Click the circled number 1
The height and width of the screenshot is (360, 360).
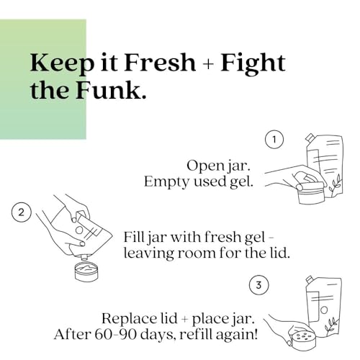(x=274, y=139)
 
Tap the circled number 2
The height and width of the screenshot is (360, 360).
(x=22, y=212)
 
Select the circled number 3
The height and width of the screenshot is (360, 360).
(x=258, y=285)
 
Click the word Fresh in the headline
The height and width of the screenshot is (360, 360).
(x=160, y=63)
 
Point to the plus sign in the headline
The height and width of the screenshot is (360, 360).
(x=210, y=64)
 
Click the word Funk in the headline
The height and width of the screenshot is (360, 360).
(x=111, y=91)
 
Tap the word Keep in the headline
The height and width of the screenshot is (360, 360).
(x=62, y=64)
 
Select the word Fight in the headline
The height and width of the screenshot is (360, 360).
(x=253, y=64)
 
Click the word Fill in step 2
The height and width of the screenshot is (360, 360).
(x=132, y=237)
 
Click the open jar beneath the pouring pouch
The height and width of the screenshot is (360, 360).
(x=86, y=271)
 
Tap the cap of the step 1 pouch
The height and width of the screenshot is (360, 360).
(x=310, y=138)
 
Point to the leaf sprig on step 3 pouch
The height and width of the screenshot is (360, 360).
(x=330, y=325)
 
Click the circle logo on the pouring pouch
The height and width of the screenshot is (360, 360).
(x=79, y=230)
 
